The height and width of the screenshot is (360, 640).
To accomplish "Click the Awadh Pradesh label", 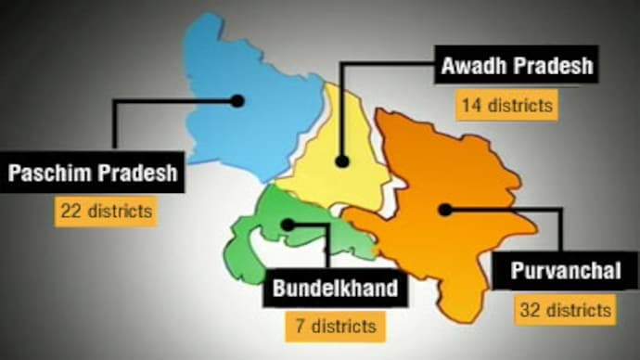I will [516, 68].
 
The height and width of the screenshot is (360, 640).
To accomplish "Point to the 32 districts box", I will [566, 309].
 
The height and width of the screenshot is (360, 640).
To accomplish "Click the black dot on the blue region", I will [237, 100].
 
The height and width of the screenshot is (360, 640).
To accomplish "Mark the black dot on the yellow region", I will [342, 161].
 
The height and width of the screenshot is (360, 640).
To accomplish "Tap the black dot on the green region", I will [288, 225].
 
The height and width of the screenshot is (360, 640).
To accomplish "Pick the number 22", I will [70, 211].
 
